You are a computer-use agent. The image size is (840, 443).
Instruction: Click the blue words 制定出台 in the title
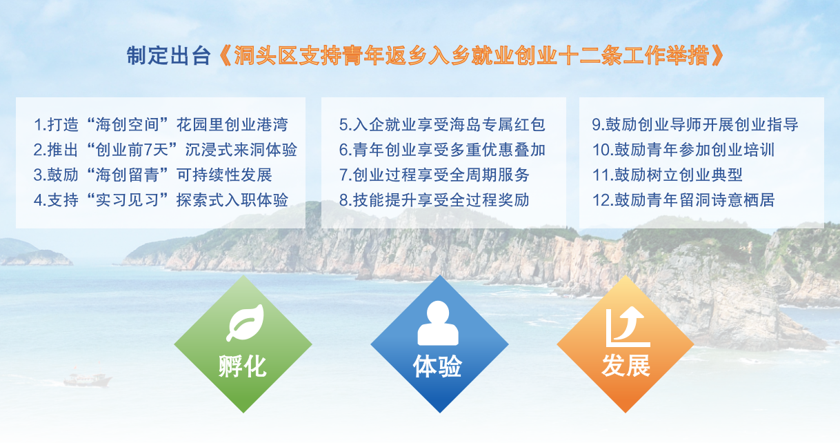168,55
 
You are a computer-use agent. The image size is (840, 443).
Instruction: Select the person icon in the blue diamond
438,323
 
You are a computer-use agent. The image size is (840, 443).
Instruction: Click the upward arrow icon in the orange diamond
628,326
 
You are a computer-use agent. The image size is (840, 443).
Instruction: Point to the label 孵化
243,366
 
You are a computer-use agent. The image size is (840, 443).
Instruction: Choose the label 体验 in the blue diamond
437,366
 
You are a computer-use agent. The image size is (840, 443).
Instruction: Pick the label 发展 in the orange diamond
626,365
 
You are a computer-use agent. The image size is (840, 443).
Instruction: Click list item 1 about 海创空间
161,124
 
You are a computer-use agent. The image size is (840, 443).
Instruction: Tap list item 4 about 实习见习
161,200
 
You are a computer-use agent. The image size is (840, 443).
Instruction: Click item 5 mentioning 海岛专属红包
442,124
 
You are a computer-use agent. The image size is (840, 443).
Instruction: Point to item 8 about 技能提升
434,200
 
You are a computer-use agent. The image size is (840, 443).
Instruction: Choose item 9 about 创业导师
695,124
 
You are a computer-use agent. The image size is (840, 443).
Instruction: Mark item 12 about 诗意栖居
683,200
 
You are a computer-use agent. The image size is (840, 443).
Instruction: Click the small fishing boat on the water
88,380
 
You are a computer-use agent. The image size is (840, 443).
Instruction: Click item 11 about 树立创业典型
668,175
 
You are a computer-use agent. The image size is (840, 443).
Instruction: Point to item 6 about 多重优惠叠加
442,150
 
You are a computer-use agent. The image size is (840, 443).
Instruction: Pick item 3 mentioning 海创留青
152,175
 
